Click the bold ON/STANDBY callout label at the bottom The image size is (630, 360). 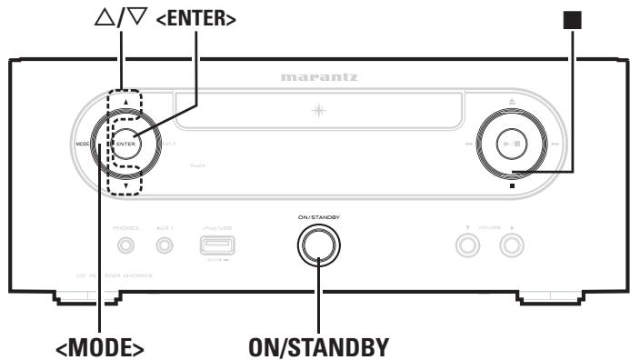[x=318, y=347]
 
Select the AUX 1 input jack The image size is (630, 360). [x=165, y=244]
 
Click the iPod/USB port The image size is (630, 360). [x=215, y=245]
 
